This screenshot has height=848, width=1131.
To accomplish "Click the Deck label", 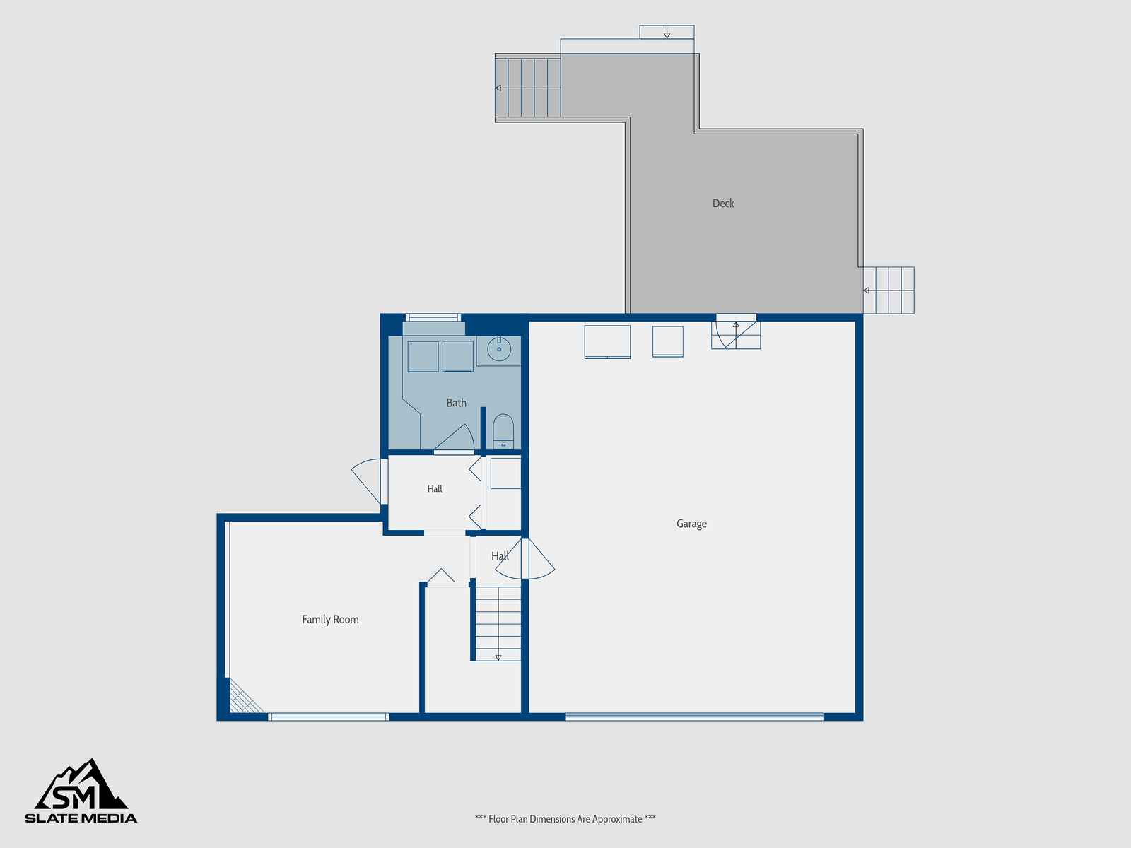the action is click(x=723, y=204).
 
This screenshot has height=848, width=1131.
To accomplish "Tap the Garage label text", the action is click(x=691, y=524).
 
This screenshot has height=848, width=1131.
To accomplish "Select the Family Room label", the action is click(x=330, y=620).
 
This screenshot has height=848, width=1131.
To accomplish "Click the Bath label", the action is click(x=456, y=403).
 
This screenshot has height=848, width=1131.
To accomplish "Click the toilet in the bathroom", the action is click(x=503, y=432).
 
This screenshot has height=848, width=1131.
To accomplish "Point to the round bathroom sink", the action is click(x=499, y=349).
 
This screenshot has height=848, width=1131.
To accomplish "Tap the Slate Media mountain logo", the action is click(x=81, y=791).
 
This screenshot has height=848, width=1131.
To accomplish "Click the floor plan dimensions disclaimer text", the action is click(x=565, y=819).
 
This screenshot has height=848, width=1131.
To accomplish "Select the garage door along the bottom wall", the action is click(x=694, y=716).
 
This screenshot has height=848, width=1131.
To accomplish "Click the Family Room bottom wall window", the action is click(x=329, y=717).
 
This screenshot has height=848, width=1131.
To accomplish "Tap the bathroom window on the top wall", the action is click(x=433, y=317).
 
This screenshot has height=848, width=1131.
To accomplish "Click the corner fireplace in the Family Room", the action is click(x=245, y=697).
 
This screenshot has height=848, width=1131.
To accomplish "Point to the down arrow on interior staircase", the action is click(x=498, y=657).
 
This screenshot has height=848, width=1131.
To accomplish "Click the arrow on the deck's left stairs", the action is click(x=498, y=88).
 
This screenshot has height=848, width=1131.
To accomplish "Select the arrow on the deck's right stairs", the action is click(x=866, y=290).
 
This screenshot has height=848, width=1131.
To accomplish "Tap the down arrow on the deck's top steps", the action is click(x=667, y=32).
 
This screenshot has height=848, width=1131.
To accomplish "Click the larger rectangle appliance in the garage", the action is click(x=607, y=342).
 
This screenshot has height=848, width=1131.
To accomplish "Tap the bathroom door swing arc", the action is click(x=454, y=437).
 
